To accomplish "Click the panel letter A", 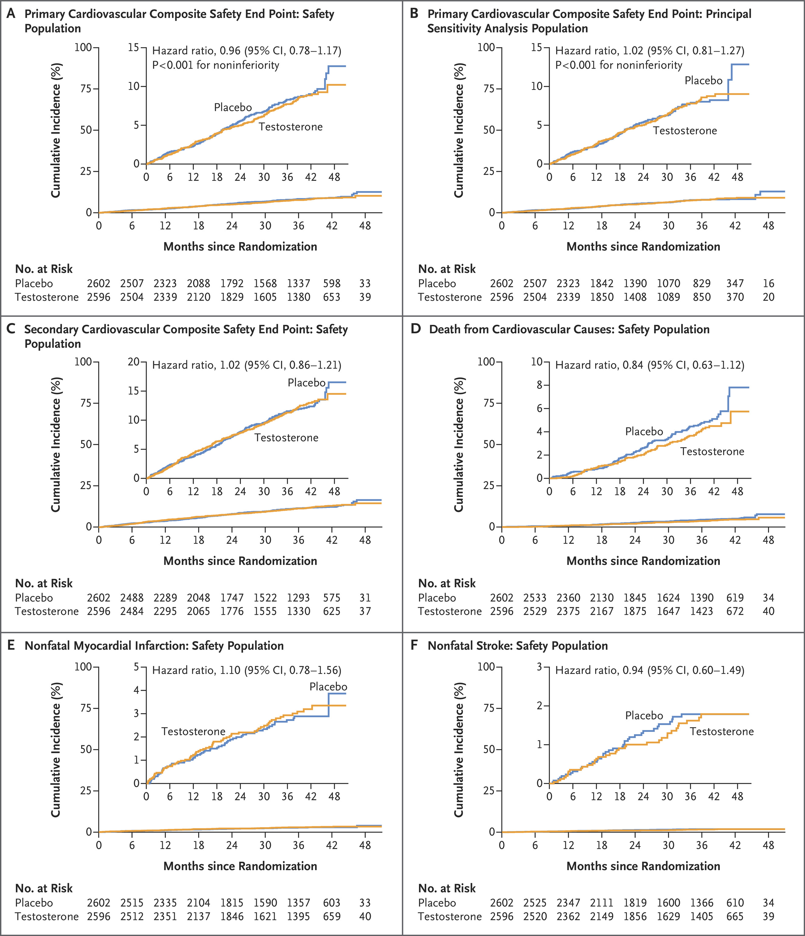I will point(11,14).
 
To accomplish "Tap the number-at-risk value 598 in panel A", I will point(331,284).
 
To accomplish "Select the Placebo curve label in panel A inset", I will point(233,108).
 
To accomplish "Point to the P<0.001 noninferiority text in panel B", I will point(618,66).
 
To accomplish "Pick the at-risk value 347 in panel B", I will point(735,284).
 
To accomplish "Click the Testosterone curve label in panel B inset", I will point(685,131).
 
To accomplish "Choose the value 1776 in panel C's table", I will point(231,611).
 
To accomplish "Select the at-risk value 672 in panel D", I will point(735,611).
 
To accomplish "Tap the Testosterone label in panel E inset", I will point(193,731).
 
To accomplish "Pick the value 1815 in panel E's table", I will point(231,903).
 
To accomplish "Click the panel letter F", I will point(413,646).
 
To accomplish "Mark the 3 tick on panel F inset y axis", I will point(540,667).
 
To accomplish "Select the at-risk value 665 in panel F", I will point(735,916).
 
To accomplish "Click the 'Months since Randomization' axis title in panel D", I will point(643,561).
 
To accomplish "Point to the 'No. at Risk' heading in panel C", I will point(44,584).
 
